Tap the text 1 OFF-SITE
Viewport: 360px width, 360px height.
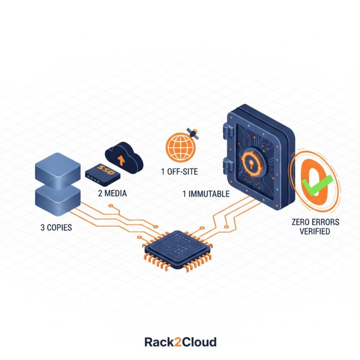180,172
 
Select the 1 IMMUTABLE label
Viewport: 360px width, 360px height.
206,193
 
